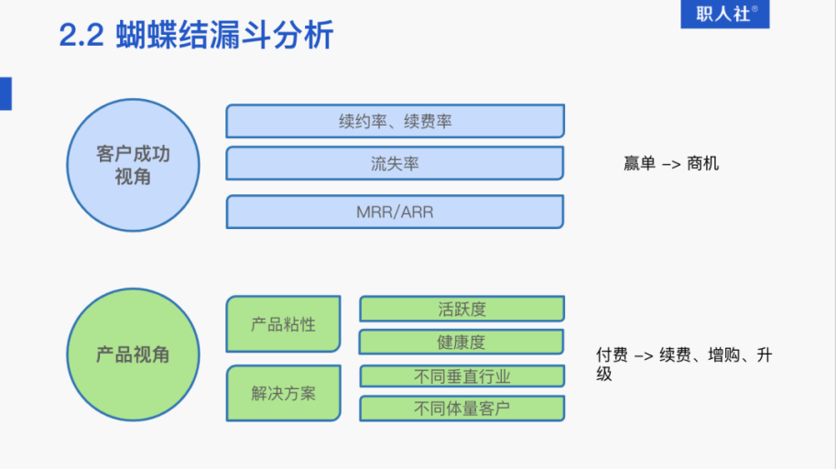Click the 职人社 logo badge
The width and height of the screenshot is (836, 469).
click(724, 14)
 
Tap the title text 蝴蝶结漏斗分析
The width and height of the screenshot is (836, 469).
click(225, 36)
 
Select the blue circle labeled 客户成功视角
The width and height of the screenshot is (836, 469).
click(133, 165)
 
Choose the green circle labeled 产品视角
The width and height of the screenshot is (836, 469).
click(133, 354)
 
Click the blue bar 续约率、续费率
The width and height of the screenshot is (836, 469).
click(395, 121)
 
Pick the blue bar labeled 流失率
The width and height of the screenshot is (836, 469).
click(395, 164)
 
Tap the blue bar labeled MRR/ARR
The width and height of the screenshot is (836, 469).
click(395, 212)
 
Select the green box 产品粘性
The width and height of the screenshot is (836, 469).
click(283, 324)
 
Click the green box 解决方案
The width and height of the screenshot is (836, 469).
click(283, 393)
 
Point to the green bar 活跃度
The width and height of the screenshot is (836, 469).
click(461, 309)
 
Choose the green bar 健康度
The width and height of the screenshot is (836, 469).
click(461, 342)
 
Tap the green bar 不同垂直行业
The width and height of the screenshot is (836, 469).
click(461, 376)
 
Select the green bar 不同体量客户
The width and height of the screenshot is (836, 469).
click(461, 409)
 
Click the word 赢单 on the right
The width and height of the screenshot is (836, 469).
click(639, 164)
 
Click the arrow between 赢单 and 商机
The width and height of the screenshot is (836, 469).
click(671, 164)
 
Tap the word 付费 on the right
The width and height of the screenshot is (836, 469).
click(611, 355)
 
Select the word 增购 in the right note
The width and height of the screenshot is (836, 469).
click(726, 355)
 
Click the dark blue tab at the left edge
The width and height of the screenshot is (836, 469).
click(5, 94)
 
